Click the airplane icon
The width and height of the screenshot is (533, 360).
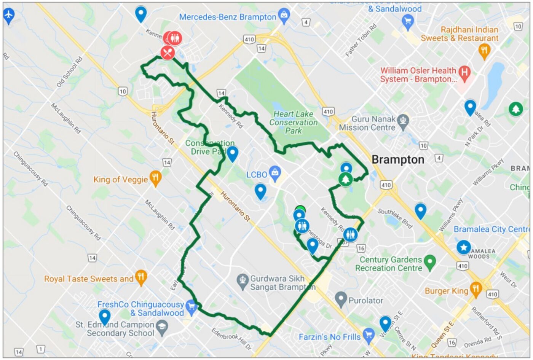click(8, 16)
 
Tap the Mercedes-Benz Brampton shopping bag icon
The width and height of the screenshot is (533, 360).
click(284, 15)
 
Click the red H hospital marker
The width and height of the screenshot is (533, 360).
click(464, 72)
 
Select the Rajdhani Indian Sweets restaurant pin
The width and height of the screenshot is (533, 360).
click(484, 50)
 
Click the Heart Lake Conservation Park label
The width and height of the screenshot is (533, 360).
click(294, 122)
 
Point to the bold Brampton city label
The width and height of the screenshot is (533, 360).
click(398, 159)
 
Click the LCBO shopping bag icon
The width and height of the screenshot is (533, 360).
click(274, 173)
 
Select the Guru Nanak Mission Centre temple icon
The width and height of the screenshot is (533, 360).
click(403, 121)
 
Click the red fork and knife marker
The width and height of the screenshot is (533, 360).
click(168, 53)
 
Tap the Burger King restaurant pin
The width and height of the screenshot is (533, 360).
click(476, 289)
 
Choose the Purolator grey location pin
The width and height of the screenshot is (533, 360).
click(341, 299)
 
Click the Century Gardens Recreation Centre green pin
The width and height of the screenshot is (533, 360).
click(430, 261)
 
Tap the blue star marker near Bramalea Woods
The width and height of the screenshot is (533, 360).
click(463, 247)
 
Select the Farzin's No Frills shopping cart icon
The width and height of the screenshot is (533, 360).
click(368, 335)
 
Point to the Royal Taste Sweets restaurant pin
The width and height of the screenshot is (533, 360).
click(141, 277)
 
